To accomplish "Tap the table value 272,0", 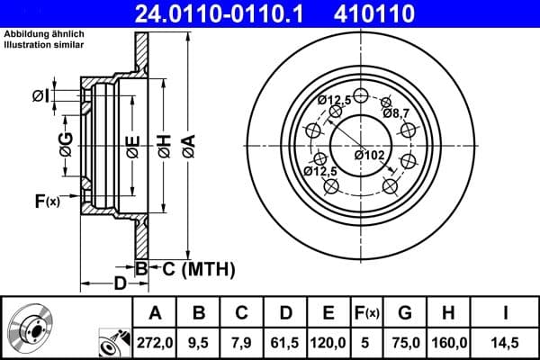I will pyautogui.click(x=155, y=343).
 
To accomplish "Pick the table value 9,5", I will pyautogui.click(x=199, y=343).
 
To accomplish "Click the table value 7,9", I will pyautogui.click(x=242, y=343).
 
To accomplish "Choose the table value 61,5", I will pyautogui.click(x=285, y=343).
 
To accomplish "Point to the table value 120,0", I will pyautogui.click(x=328, y=343).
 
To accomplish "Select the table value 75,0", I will pyautogui.click(x=406, y=343).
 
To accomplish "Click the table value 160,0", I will pyautogui.click(x=449, y=343).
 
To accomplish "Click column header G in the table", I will pyautogui.click(x=406, y=313).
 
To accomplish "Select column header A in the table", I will pyautogui.click(x=155, y=313).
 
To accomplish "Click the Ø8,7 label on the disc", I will pyautogui.click(x=396, y=112).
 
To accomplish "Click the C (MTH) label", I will pyautogui.click(x=198, y=268).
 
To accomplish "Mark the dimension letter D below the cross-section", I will pyautogui.click(x=120, y=285).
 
